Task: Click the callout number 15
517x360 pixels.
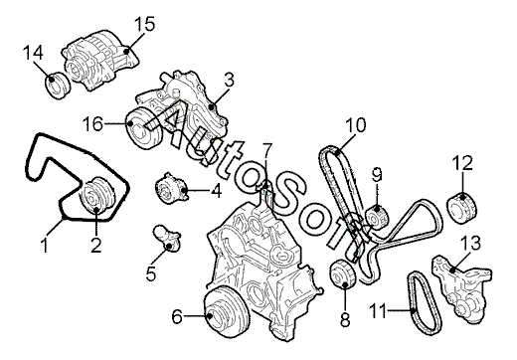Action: [145, 24]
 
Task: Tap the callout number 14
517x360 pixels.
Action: [33, 53]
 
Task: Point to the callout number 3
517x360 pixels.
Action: [229, 80]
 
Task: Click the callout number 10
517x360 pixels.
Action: [356, 125]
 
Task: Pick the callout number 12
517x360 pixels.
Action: [463, 163]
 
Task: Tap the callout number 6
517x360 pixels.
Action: [177, 317]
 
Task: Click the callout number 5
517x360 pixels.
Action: [151, 273]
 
